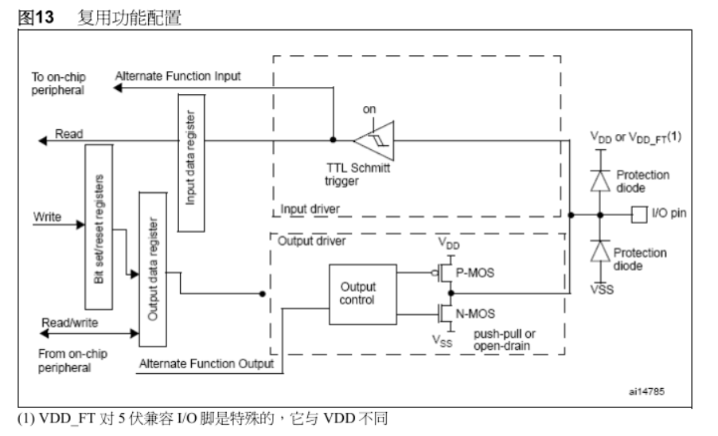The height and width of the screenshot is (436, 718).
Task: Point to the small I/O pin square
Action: click(x=637, y=214)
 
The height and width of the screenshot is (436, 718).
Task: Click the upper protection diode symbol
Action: click(x=602, y=179)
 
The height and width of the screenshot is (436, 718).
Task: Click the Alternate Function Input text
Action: click(x=178, y=76)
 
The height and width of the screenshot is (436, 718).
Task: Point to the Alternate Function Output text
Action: click(x=206, y=363)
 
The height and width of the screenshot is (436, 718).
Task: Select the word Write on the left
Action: click(x=47, y=216)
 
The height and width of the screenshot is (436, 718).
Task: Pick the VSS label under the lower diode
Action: click(x=603, y=290)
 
